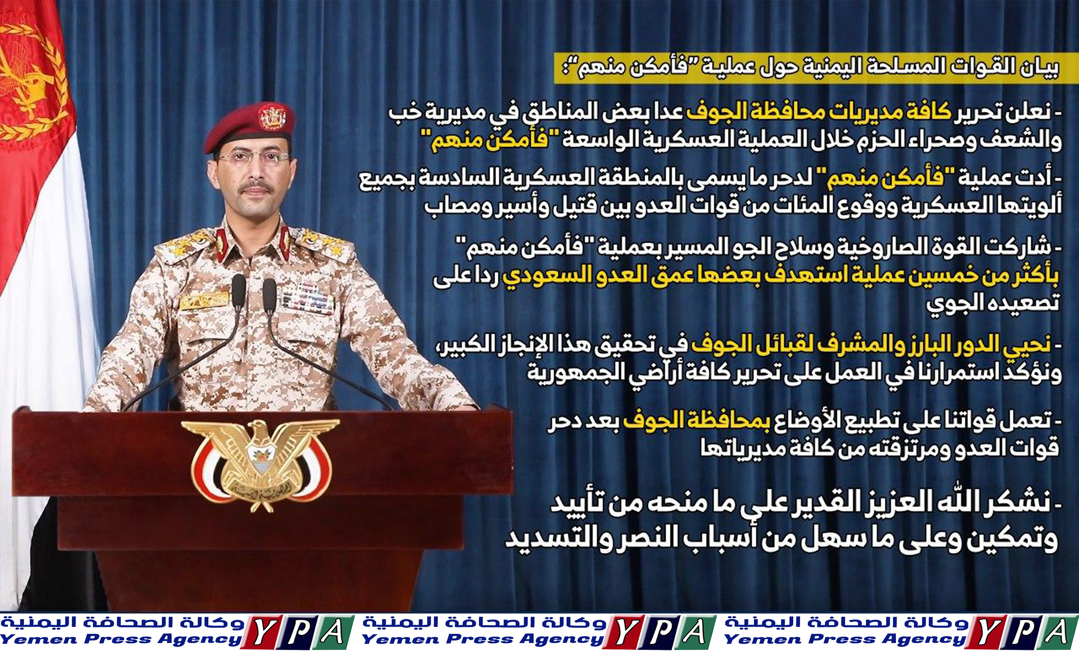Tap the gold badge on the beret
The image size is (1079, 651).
coord(272,117)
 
